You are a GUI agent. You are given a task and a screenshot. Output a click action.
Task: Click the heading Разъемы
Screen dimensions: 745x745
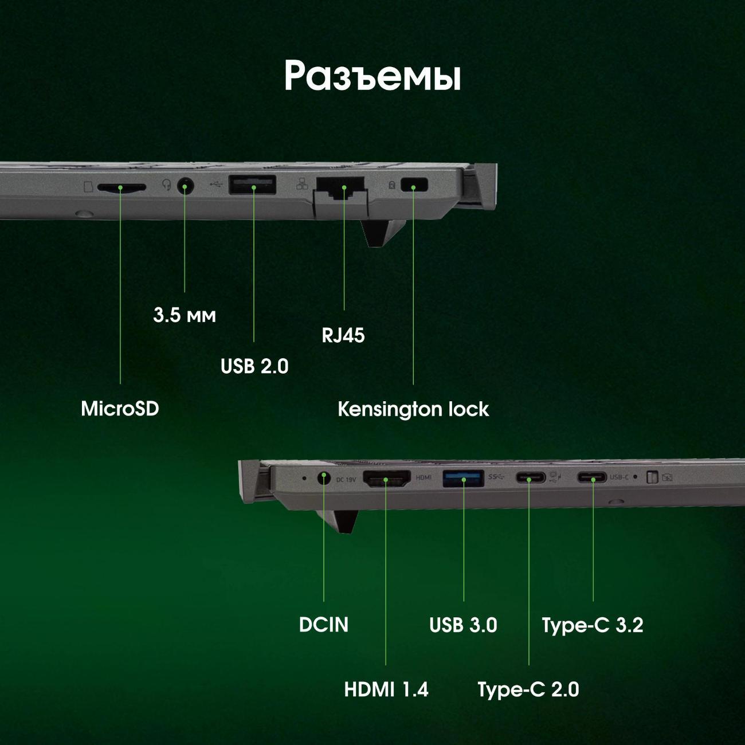pyautogui.click(x=372, y=76)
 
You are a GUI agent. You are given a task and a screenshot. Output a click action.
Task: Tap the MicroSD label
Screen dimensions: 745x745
pyautogui.click(x=120, y=409)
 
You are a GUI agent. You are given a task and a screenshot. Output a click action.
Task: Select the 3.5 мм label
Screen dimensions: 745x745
pyautogui.click(x=185, y=315)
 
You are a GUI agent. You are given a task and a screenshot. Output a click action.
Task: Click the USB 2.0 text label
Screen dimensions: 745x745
pyautogui.click(x=254, y=366)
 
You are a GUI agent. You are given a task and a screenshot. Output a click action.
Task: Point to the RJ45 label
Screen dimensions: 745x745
pyautogui.click(x=343, y=335)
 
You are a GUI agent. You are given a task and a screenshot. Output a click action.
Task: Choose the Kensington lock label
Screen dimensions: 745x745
pyautogui.click(x=413, y=409)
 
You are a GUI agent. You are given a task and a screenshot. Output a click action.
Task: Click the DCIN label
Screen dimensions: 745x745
pyautogui.click(x=324, y=625)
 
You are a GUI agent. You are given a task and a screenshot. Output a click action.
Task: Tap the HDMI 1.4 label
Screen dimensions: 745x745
pyautogui.click(x=386, y=690)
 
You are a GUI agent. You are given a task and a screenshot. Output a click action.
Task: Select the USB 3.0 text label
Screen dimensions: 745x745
pyautogui.click(x=463, y=625)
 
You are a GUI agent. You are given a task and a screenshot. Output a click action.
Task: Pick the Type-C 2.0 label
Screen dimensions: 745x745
pyautogui.click(x=528, y=690)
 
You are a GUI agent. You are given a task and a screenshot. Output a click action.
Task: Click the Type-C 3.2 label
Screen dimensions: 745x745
pyautogui.click(x=593, y=626)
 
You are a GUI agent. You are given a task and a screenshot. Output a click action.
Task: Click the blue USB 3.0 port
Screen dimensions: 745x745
pyautogui.click(x=463, y=479)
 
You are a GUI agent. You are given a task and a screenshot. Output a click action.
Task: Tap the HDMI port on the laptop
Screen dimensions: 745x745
pyautogui.click(x=386, y=479)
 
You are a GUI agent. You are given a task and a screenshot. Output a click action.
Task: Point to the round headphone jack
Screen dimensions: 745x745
pyautogui.click(x=185, y=186)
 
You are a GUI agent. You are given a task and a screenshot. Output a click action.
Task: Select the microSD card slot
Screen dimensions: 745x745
pyautogui.click(x=121, y=187)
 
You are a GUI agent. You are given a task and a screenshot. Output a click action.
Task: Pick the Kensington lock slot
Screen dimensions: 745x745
pyautogui.click(x=414, y=185)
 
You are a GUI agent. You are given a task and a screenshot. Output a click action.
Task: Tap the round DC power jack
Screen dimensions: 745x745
pyautogui.click(x=324, y=479)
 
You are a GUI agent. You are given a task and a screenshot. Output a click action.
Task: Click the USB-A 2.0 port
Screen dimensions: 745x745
pyautogui.click(x=253, y=185)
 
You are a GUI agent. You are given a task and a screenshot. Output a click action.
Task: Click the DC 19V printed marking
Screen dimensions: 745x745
pyautogui.click(x=346, y=480)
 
